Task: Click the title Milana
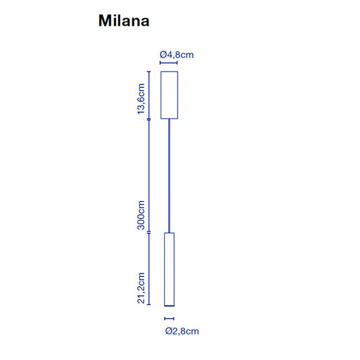click(x=124, y=21)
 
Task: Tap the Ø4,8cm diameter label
click(x=176, y=55)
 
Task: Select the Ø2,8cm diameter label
click(x=182, y=331)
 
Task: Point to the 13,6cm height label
click(x=141, y=99)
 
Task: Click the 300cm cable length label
click(x=141, y=215)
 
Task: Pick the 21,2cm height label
click(x=141, y=288)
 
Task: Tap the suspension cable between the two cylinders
click(x=170, y=176)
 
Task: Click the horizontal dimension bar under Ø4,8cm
click(x=169, y=63)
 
